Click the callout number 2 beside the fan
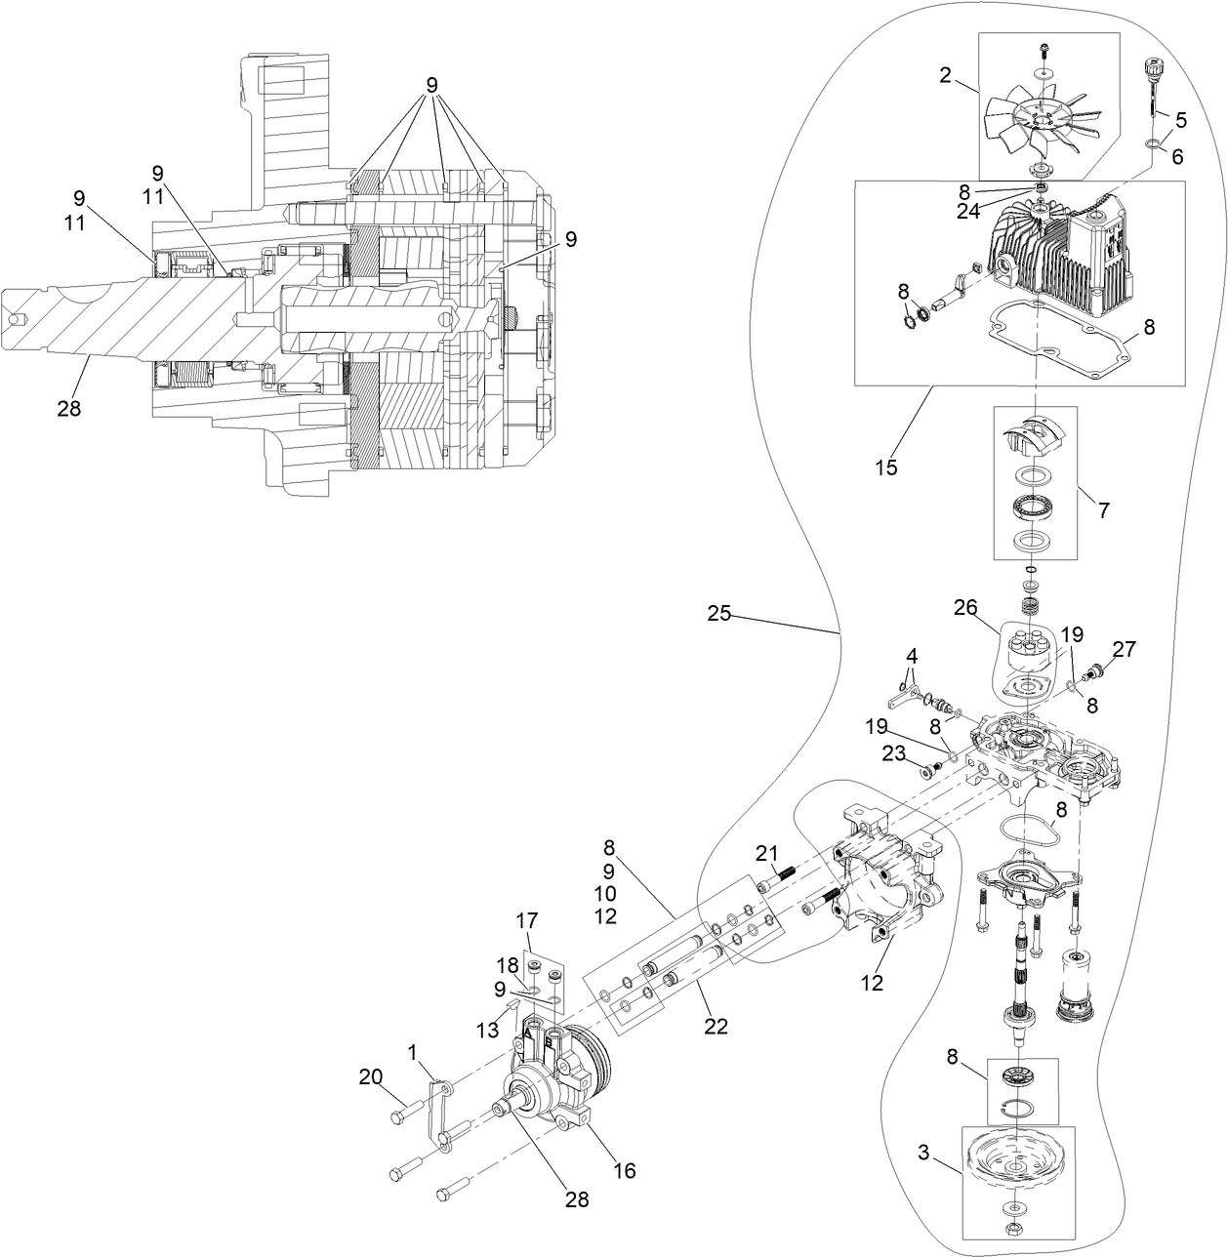point(945,75)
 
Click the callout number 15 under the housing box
point(885,467)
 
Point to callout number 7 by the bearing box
point(1103,508)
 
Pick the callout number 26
point(965,608)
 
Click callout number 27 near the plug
point(1124,649)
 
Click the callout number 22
point(716,1026)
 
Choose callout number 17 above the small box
point(527,919)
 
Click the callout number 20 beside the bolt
point(370,1076)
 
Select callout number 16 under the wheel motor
point(624,1170)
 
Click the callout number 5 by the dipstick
point(1181,121)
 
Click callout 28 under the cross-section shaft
point(68,408)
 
